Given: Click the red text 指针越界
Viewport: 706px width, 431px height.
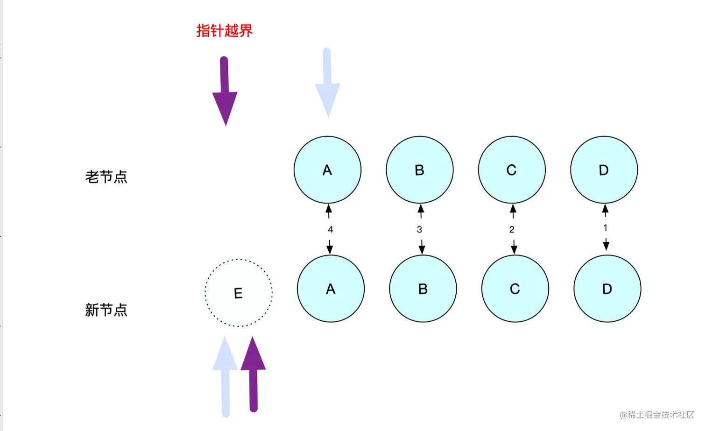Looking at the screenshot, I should tap(224, 31).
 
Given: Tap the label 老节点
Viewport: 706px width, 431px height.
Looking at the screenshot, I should tap(106, 177).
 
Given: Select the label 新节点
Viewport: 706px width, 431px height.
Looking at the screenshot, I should tap(106, 310).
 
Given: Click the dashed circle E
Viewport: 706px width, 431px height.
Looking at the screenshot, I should tap(239, 293).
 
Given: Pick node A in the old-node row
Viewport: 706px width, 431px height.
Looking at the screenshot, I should tap(327, 170).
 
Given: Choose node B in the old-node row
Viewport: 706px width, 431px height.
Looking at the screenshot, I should tap(419, 170).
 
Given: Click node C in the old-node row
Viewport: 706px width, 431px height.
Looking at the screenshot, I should tap(512, 170).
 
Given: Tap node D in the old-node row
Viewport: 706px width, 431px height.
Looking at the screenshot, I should tap(604, 170).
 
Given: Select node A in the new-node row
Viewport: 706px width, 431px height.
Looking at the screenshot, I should tap(331, 289).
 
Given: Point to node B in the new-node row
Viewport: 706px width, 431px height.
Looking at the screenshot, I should tap(423, 289).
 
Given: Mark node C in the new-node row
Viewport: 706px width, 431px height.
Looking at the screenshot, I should tap(515, 289).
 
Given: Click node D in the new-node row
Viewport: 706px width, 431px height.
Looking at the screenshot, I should tap(607, 289).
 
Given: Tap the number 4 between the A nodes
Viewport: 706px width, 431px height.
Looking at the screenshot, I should tap(330, 229).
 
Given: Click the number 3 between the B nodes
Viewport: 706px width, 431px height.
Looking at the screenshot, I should tap(419, 229).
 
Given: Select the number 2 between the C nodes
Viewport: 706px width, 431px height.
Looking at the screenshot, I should tap(512, 229).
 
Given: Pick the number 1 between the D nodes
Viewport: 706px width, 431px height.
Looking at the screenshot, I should tap(605, 227).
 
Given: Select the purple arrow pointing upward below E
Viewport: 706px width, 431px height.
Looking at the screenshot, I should tap(253, 374).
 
